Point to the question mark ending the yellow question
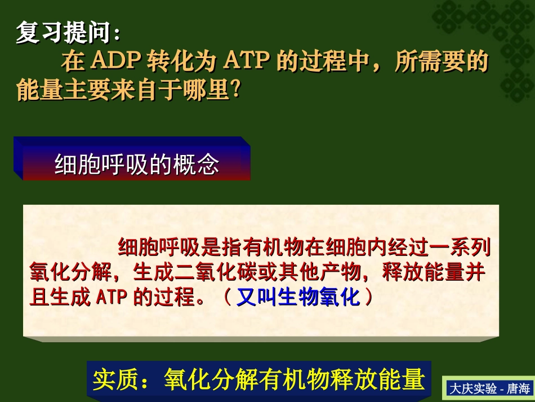point(235,90)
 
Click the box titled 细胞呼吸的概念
point(135,164)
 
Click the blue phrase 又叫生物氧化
point(298,297)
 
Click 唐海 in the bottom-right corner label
point(519,388)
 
